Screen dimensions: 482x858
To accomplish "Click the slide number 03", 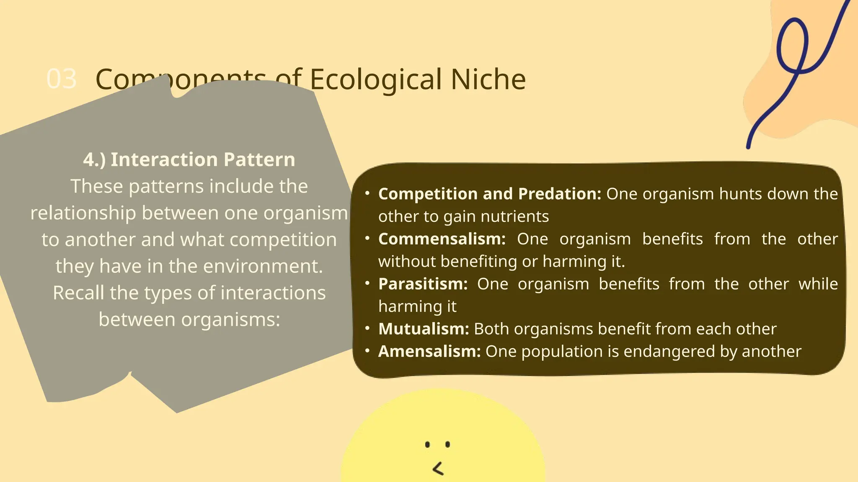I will click(x=62, y=79).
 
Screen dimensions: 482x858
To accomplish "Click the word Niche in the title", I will click(x=488, y=79).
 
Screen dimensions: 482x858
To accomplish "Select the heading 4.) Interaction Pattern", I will click(x=189, y=159).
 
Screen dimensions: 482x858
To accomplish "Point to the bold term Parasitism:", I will click(x=423, y=284).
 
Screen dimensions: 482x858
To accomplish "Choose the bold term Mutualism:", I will click(x=424, y=329).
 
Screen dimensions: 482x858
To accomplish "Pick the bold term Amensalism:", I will click(x=429, y=351).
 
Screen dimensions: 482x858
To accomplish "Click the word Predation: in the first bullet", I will click(x=559, y=194).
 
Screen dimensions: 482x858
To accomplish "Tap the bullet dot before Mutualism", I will click(x=367, y=328).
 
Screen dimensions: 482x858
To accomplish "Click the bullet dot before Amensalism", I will click(x=367, y=351).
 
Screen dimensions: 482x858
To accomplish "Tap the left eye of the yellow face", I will click(x=427, y=444).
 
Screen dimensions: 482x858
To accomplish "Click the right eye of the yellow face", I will click(x=447, y=444).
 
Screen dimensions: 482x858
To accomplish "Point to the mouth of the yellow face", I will click(x=438, y=469).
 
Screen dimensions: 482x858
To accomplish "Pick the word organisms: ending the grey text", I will click(x=230, y=320).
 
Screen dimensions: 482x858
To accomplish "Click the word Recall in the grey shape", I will click(x=78, y=293).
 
